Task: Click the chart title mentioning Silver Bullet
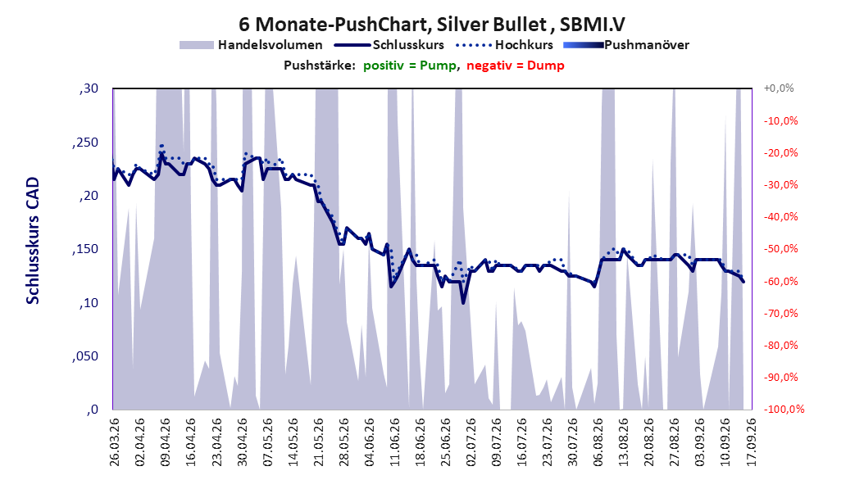click(431, 24)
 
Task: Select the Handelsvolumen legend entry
click(251, 45)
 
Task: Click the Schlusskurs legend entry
click(389, 45)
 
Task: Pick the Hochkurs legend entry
click(504, 45)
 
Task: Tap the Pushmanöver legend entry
click(626, 45)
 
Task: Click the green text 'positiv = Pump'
click(409, 66)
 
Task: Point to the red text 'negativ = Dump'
click(516, 66)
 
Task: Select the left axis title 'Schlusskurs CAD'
click(33, 241)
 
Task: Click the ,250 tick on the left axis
click(85, 142)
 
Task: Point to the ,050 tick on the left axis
click(85, 356)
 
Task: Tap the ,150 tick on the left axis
click(85, 249)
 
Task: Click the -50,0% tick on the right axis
click(780, 249)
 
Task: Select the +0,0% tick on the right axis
click(779, 88)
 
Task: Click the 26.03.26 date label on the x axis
click(115, 442)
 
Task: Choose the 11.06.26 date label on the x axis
click(394, 442)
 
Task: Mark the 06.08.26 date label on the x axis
click(598, 442)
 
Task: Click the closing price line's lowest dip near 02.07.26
click(463, 303)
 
